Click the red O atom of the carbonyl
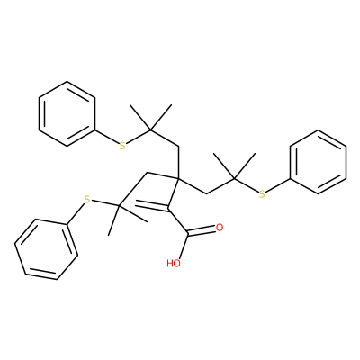(220, 228)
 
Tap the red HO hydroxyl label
(174, 264)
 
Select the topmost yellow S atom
(121, 146)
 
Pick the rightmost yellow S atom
(262, 194)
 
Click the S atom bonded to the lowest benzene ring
(87, 199)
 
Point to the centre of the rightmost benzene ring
(319, 162)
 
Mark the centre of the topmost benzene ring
(67, 113)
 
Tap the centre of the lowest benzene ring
(47, 249)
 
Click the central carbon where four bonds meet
(178, 178)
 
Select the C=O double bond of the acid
(202, 231)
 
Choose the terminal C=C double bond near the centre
(152, 205)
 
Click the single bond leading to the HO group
(184, 246)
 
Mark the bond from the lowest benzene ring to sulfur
(76, 212)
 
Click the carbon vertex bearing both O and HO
(188, 234)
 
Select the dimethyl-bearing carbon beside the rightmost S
(235, 178)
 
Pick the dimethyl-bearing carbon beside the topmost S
(150, 130)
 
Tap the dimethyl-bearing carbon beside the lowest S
(119, 206)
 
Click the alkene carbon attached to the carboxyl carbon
(168, 209)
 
